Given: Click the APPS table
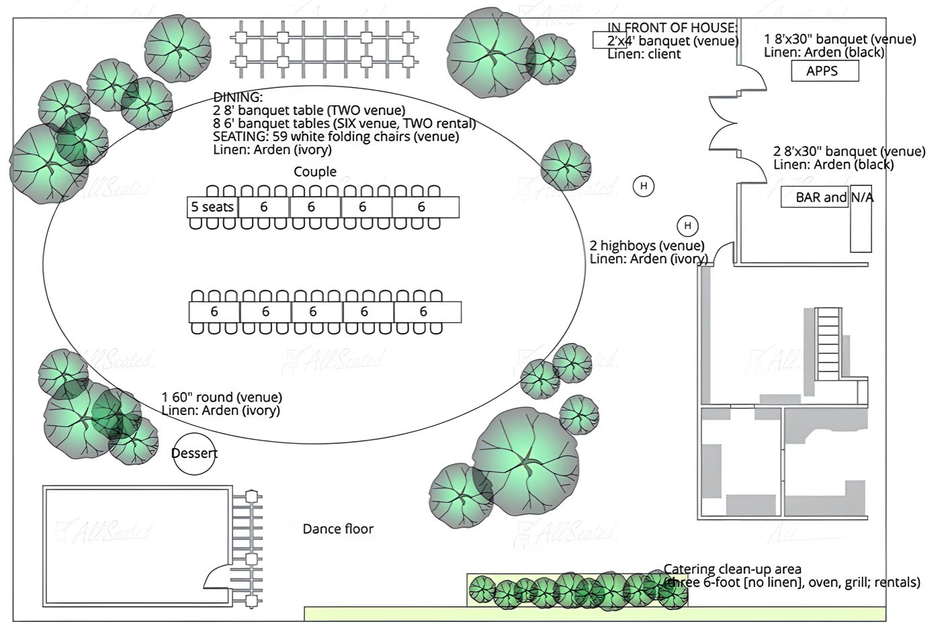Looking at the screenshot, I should tap(824, 71).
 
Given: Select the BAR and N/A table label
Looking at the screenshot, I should tap(834, 197).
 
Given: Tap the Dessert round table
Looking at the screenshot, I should tap(194, 453).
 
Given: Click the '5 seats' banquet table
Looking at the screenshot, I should tap(212, 208).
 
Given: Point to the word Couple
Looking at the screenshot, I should tap(315, 172).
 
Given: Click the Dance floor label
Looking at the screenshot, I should tap(338, 529).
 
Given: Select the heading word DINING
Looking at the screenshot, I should tap(238, 97).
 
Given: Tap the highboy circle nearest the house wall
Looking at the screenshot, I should tap(687, 226).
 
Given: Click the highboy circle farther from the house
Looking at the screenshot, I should tap(644, 186).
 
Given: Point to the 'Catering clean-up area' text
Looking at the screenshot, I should tap(732, 569).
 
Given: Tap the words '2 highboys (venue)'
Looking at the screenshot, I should tap(647, 246).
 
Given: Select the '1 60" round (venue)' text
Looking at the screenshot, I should tap(222, 398).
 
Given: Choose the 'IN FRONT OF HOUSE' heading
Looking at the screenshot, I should tap(672, 28).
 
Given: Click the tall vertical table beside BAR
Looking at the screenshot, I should tap(861, 218).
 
